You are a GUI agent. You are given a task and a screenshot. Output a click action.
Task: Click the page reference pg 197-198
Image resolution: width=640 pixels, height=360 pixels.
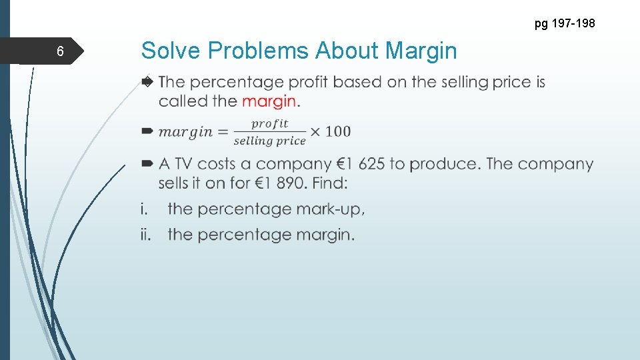click(564, 24)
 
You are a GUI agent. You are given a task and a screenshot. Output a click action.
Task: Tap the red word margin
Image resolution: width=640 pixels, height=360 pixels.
click(269, 101)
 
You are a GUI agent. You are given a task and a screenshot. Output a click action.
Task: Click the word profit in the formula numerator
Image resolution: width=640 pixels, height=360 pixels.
click(269, 123)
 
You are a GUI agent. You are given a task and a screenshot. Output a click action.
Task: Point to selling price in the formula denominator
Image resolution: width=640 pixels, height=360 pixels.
click(269, 141)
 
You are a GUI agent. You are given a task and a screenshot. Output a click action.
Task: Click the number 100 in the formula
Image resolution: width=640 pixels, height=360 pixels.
click(338, 131)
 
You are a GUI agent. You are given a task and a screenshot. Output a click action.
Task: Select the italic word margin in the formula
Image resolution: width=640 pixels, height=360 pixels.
click(185, 132)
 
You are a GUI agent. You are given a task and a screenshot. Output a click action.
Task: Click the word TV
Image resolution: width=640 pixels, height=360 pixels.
click(184, 164)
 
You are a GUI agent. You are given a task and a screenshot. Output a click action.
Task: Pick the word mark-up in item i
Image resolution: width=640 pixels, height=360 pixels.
click(333, 209)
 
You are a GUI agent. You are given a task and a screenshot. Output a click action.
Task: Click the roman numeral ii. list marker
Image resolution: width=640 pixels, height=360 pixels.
click(145, 235)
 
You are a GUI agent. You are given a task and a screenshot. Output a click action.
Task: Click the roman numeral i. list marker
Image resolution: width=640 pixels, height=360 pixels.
click(143, 209)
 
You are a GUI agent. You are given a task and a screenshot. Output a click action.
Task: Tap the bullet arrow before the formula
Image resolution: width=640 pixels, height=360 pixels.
click(147, 131)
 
